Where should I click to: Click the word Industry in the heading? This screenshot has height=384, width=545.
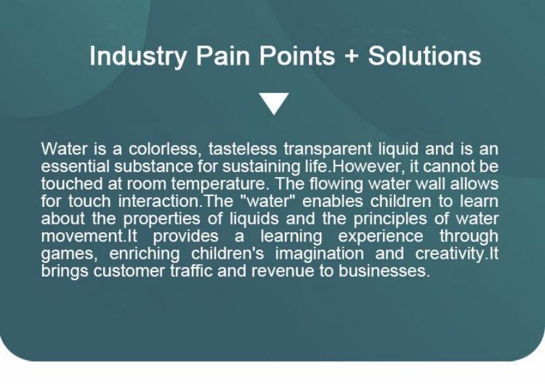tap(138, 56)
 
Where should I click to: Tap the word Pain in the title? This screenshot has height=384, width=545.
tap(223, 56)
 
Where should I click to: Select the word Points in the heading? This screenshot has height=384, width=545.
tap(297, 56)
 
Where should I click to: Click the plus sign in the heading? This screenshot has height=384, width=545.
tap(352, 56)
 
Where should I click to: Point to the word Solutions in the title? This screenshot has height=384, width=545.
tap(425, 56)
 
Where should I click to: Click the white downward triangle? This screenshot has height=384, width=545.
tap(274, 104)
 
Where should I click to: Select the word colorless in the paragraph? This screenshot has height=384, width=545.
tap(165, 149)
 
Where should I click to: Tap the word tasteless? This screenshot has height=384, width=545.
tap(242, 149)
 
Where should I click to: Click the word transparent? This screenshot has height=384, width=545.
tap(328, 150)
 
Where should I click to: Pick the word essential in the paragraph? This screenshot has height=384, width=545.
tap(75, 167)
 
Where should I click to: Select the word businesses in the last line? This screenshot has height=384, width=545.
tap(384, 271)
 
